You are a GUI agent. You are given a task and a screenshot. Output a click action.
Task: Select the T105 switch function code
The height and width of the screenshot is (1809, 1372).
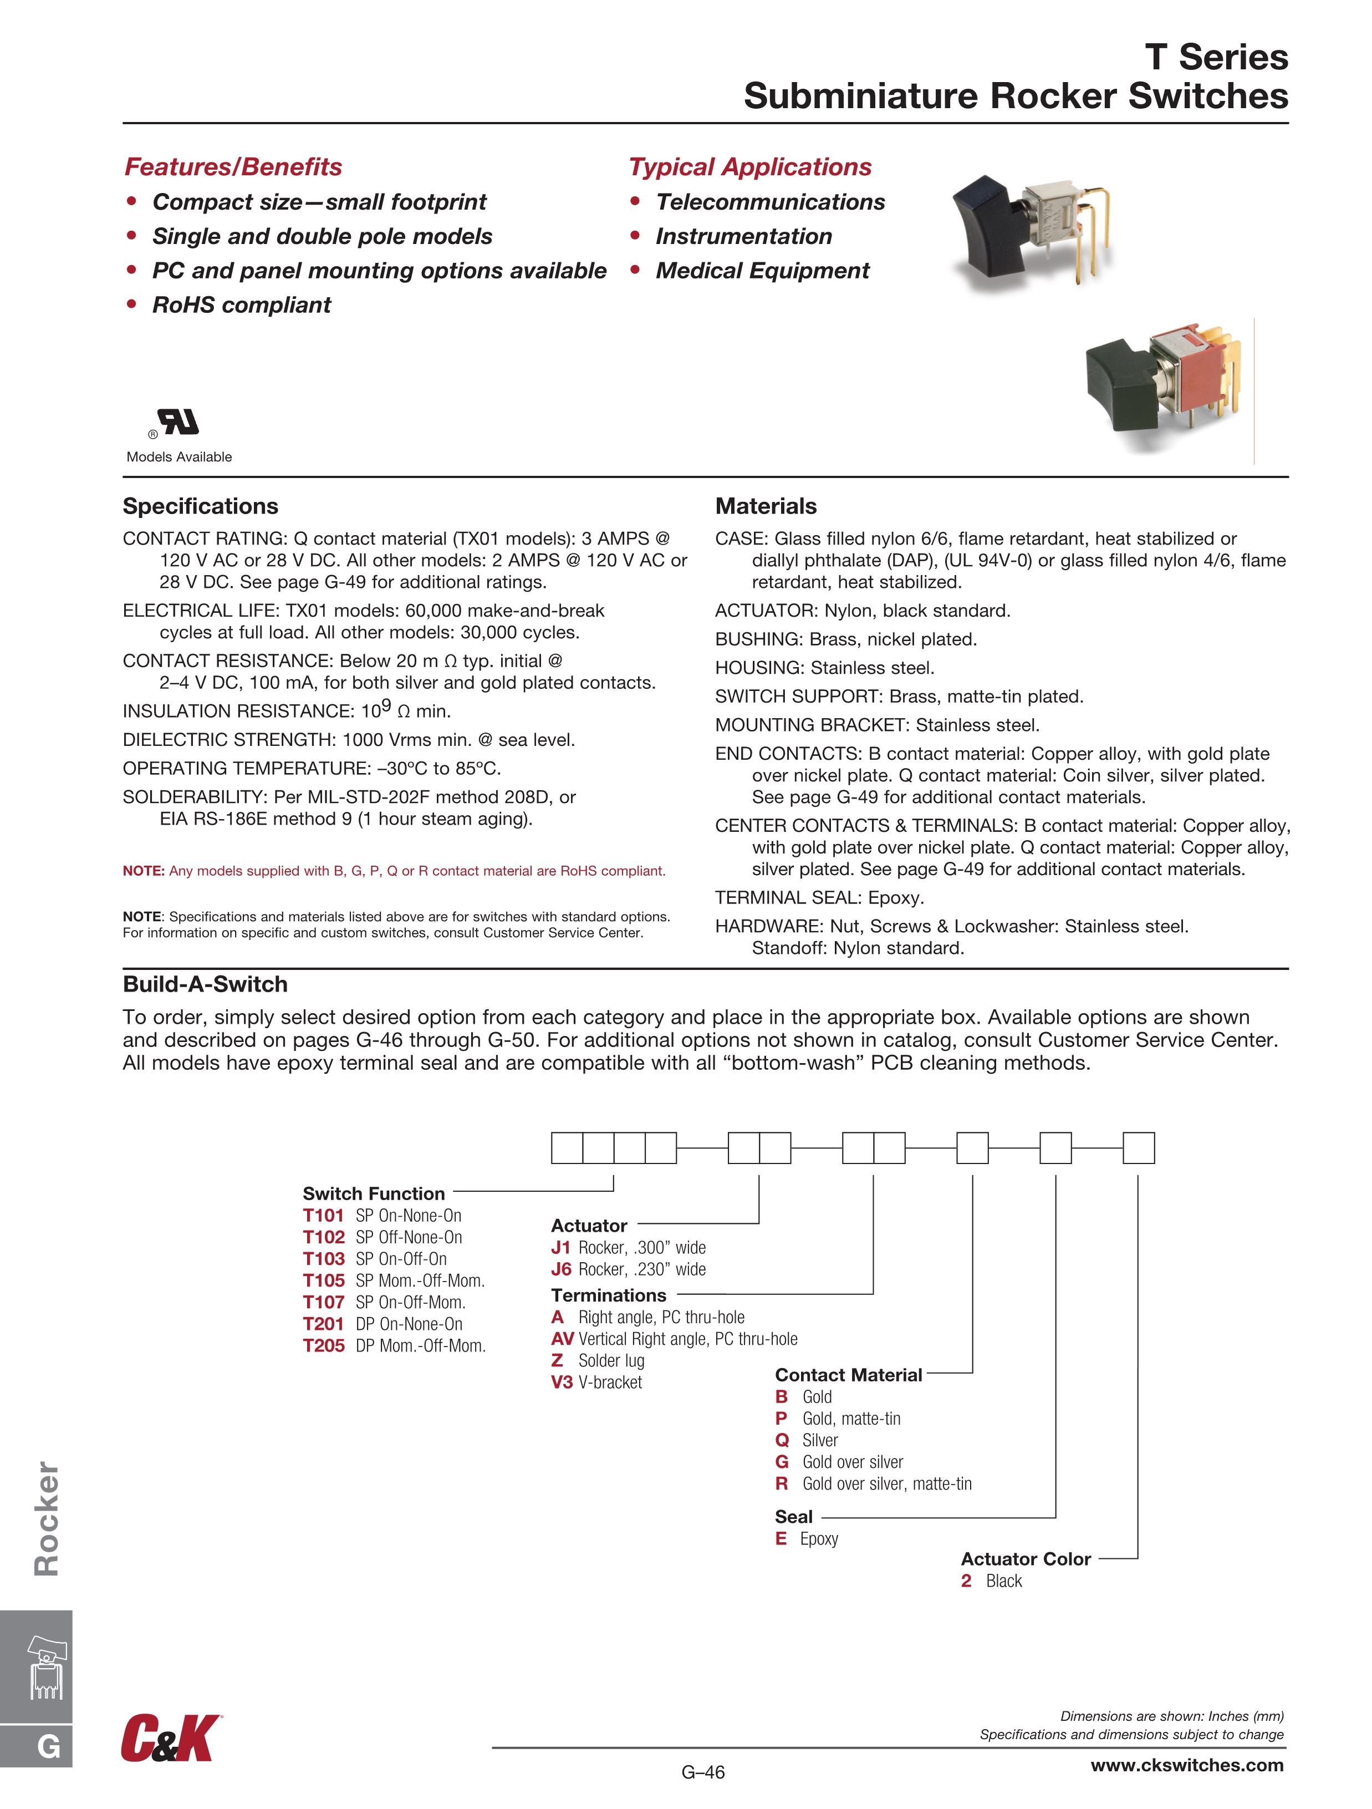coord(323,1280)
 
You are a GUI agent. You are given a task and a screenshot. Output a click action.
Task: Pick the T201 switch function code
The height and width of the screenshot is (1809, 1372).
coord(323,1324)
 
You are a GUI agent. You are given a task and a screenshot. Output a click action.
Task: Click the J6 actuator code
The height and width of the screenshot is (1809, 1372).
coord(561,1269)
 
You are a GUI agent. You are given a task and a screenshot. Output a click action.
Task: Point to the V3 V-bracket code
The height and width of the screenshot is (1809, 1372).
coord(561,1382)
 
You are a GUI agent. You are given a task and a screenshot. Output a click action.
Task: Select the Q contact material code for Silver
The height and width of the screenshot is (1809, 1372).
coord(782,1440)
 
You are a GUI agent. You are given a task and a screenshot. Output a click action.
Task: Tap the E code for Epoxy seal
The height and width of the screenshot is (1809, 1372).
coord(781,1538)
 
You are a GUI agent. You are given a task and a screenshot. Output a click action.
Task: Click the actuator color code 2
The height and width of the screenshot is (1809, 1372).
coord(966,1581)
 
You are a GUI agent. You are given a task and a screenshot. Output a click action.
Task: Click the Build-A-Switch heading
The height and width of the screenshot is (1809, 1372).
coord(205,984)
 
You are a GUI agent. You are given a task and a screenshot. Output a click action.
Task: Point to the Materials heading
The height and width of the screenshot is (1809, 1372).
coord(766,506)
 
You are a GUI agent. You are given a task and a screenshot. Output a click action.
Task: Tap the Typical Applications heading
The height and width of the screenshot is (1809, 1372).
coord(750,167)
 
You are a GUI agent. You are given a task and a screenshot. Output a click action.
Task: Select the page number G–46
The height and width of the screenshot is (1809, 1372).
coord(703,1772)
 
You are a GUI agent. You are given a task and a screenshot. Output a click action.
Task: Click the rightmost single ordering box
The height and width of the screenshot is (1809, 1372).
coord(1138,1148)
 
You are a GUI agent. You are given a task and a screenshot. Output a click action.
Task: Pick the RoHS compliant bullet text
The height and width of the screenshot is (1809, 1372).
coord(241,305)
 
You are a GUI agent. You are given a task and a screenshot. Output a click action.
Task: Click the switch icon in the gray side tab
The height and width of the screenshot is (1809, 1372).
coord(47,1668)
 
